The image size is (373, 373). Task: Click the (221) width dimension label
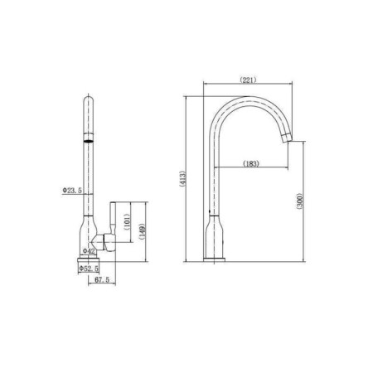tap(248, 80)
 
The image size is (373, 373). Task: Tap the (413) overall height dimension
tap(183, 179)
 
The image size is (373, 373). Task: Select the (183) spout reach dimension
tap(251, 163)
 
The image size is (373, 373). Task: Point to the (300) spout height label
tap(300, 201)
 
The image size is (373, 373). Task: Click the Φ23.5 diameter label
tap(72, 191)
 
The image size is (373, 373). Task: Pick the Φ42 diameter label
tap(89, 251)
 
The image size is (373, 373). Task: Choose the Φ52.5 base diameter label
tap(89, 269)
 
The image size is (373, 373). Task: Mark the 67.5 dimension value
tap(102, 279)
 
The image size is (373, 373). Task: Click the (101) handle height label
tap(127, 222)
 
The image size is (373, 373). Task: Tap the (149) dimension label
tap(143, 231)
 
